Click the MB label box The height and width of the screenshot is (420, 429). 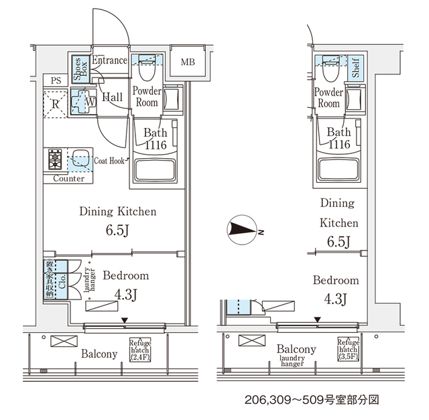tap(187, 63)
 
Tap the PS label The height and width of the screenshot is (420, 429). tap(55, 80)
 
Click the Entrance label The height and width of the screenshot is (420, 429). tap(109, 60)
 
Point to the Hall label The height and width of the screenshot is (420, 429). tap(111, 98)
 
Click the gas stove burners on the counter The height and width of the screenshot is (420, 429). tap(55, 161)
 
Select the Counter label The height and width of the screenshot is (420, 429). tap(68, 179)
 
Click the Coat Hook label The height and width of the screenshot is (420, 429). tap(109, 159)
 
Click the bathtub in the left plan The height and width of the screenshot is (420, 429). tap(157, 169)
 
